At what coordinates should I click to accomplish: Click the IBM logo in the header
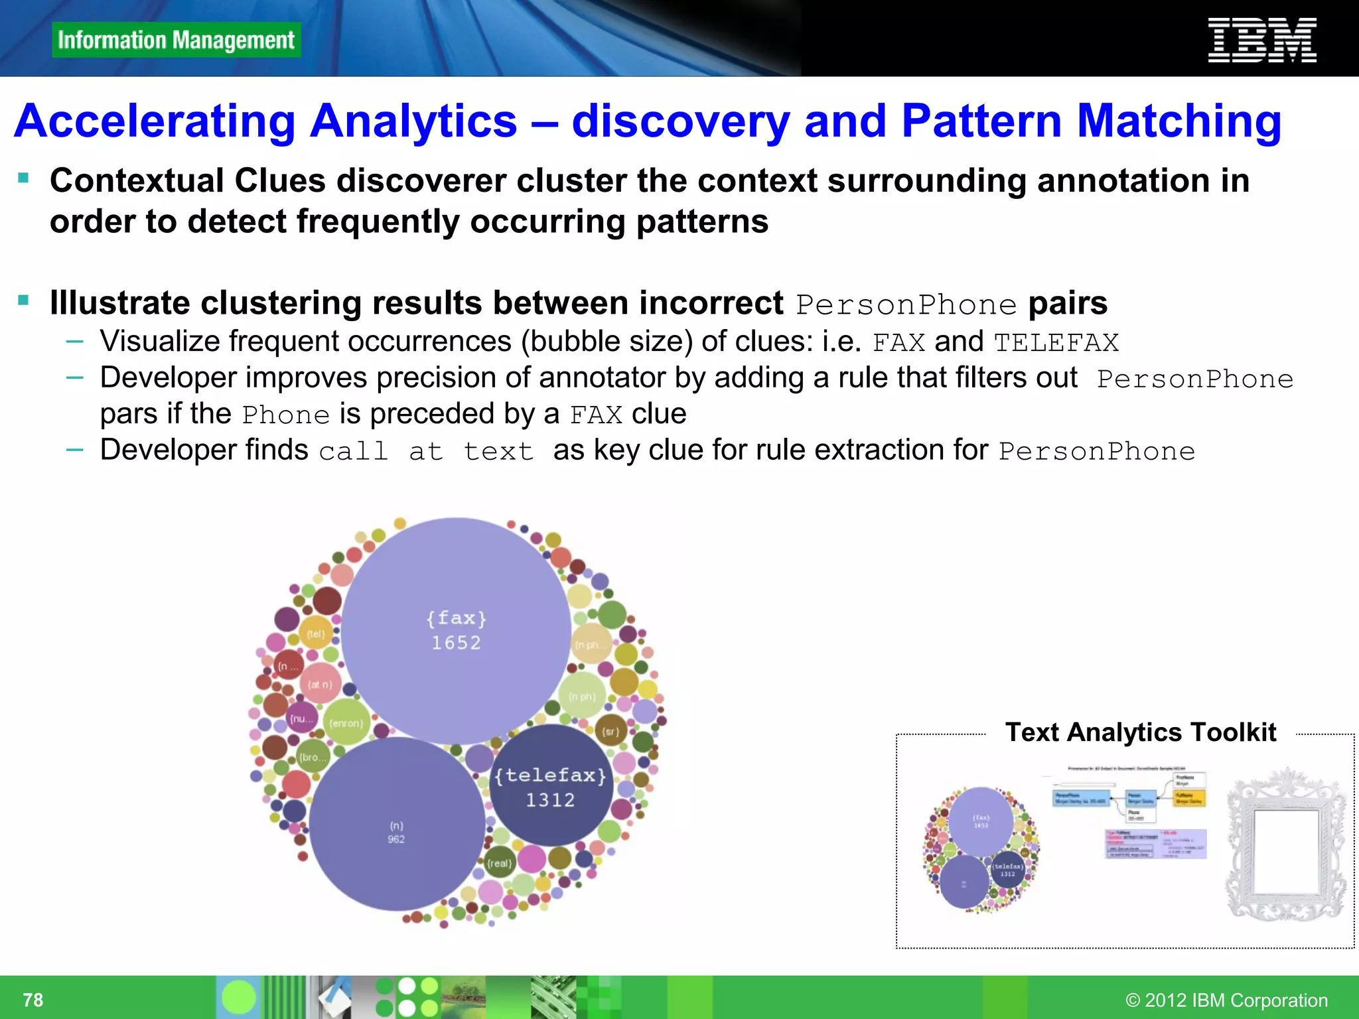(x=1261, y=40)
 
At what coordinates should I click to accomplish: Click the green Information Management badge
(x=176, y=40)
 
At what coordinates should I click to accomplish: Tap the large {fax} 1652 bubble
(x=457, y=630)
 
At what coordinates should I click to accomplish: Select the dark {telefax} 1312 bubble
(x=551, y=786)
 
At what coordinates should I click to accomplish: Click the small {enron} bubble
(x=346, y=723)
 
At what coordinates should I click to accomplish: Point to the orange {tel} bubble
(x=316, y=634)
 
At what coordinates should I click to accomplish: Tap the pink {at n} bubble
(x=320, y=684)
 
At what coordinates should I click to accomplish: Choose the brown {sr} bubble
(x=610, y=732)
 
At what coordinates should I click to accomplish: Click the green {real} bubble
(x=499, y=863)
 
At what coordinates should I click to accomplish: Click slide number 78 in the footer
(x=33, y=1000)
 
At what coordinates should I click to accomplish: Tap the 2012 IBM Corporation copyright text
(x=1226, y=1000)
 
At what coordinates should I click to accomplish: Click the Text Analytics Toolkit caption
(x=1140, y=732)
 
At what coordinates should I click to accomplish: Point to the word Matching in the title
(x=1179, y=121)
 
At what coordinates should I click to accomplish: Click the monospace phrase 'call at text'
(x=426, y=452)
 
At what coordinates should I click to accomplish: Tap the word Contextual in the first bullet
(x=137, y=181)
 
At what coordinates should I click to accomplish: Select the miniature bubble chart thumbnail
(x=981, y=849)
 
